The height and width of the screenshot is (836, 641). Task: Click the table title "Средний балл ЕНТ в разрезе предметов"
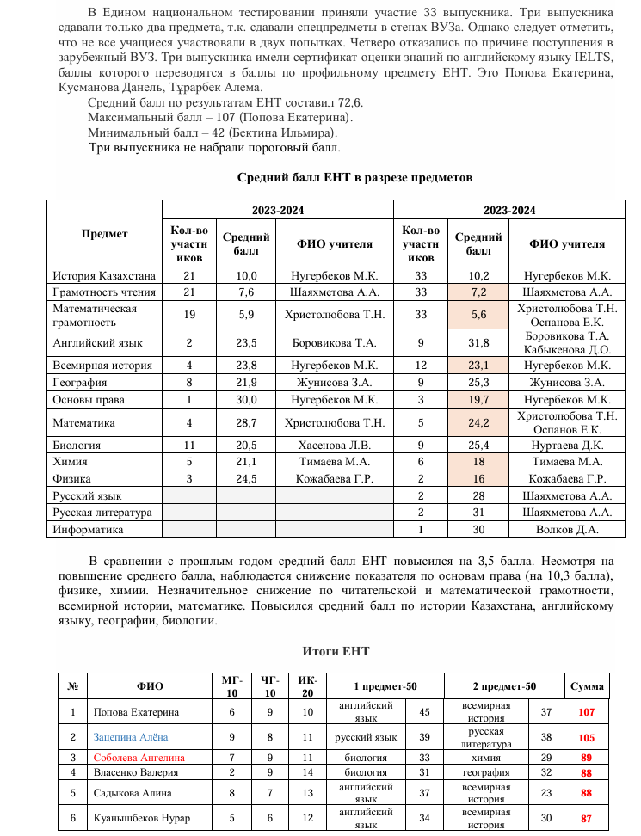(354, 178)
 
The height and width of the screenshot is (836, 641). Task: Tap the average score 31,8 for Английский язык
(478, 343)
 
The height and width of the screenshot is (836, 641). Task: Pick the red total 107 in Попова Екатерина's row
(587, 712)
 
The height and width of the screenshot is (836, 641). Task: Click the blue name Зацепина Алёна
(131, 737)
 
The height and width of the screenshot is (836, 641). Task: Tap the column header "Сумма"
(587, 686)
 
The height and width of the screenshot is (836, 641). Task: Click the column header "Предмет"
(104, 233)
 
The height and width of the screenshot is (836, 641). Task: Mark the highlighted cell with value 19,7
(478, 400)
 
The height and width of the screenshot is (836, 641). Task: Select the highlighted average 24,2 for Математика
(478, 423)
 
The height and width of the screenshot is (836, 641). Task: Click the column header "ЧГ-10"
(270, 686)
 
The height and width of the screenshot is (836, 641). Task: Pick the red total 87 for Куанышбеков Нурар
(587, 817)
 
